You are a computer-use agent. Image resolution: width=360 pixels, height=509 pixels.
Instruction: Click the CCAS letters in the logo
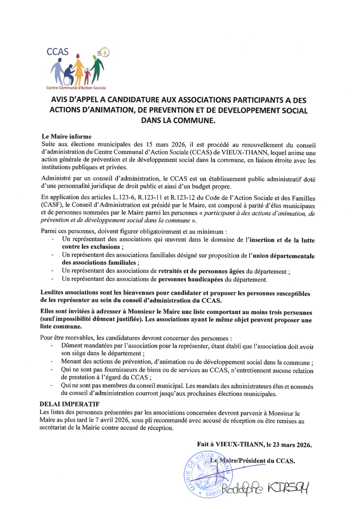tap(58, 52)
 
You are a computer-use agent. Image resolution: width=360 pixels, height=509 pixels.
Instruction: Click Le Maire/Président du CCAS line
tap(252, 461)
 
